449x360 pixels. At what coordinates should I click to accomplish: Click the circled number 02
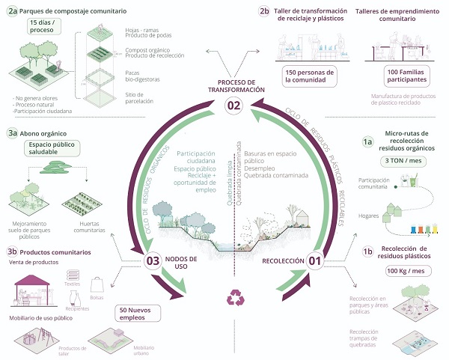233,106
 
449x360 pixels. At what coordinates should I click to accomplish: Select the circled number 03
153,261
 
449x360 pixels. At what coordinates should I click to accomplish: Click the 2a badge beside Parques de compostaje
10,12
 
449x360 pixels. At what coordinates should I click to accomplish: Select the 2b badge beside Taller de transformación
263,11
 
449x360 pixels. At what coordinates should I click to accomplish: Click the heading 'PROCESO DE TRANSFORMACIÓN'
233,85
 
